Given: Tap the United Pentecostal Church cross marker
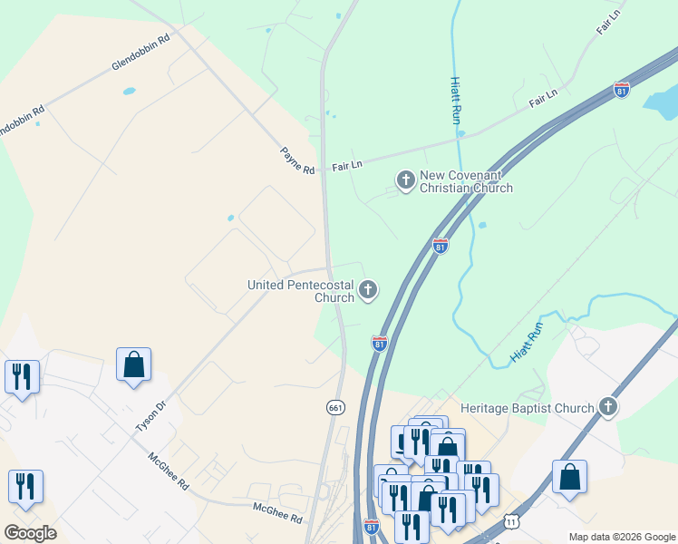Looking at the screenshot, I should pos(367,290).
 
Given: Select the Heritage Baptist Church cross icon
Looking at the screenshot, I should pos(607,408).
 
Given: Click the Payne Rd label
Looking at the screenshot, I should pos(296,161).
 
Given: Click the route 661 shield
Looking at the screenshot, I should pos(335,408).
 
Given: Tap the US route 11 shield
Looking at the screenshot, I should pos(512,522).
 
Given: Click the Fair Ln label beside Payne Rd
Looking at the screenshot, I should pos(347,166).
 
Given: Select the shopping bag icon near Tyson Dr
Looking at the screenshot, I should pos(133,365).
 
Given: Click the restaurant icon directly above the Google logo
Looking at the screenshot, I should pos(25,487).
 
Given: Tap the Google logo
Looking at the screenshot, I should pos(30,532).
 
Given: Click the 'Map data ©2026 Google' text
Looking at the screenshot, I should pos(621,537).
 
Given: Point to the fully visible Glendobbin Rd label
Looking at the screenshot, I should pos(140,53).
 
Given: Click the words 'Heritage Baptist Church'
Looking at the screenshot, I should pos(527,409).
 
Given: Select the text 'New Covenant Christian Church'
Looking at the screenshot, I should pos(466,181).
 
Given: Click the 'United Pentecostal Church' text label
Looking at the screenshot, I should pos(301,291).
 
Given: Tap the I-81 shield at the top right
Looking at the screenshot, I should pos(621,90).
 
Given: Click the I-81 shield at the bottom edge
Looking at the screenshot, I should pos(371,526).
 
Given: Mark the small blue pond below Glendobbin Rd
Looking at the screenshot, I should pos(129,92).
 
